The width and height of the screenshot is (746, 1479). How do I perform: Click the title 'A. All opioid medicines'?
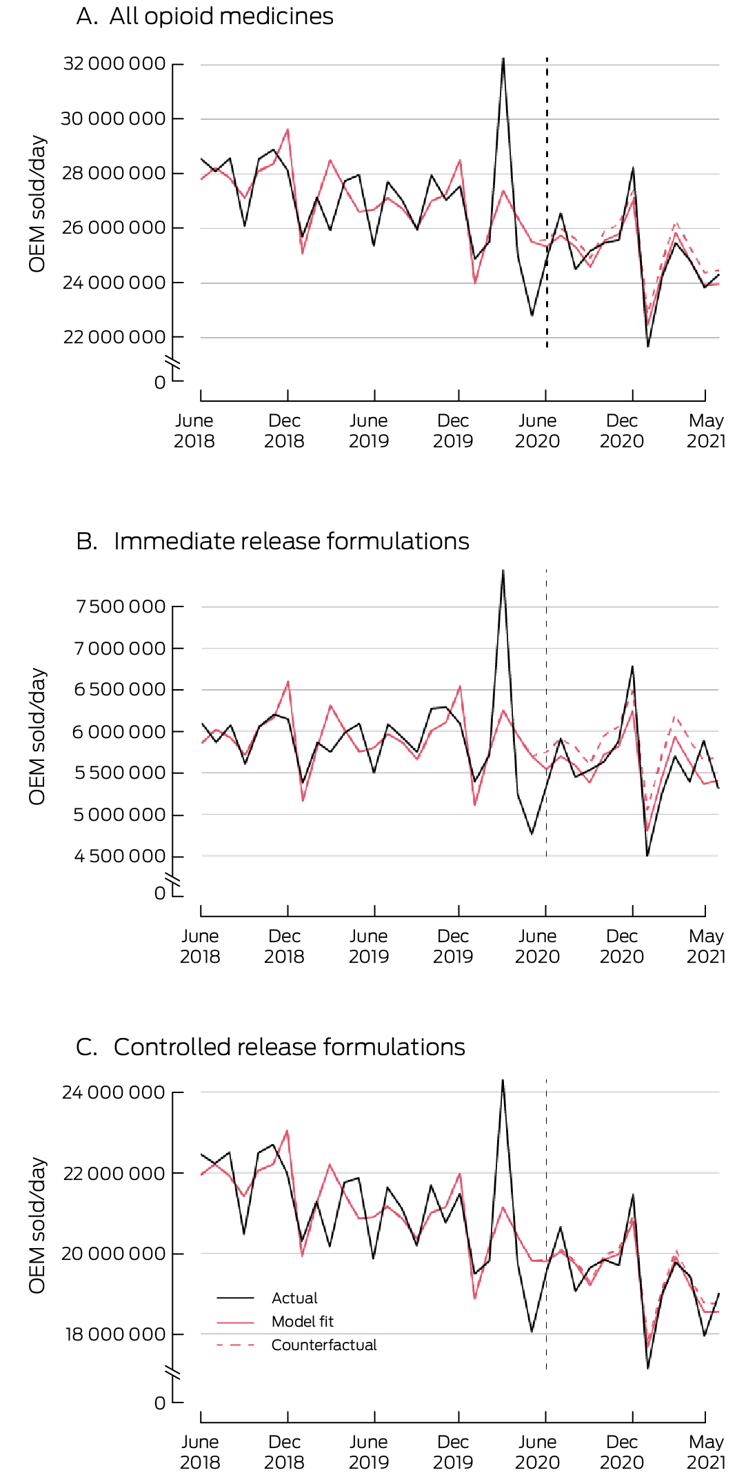tap(205, 16)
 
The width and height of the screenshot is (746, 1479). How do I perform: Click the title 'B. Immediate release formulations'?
tap(272, 541)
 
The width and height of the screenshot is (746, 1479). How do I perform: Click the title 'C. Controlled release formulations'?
tap(270, 1047)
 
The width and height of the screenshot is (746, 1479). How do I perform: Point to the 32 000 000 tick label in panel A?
tap(114, 64)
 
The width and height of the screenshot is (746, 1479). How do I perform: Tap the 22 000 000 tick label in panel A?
tap(114, 337)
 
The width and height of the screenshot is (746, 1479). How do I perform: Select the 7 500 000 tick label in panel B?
tap(121, 606)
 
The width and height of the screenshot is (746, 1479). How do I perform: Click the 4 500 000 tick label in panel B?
tap(120, 856)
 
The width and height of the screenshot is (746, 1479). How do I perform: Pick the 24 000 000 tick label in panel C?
tap(114, 1092)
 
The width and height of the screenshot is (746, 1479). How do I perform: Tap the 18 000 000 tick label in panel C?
tap(114, 1334)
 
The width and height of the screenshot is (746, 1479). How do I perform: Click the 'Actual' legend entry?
tap(294, 1298)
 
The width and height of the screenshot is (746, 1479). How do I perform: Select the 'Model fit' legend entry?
tap(302, 1322)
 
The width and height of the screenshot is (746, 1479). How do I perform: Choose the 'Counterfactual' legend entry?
tap(324, 1345)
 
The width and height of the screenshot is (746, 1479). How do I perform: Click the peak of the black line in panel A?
tap(503, 59)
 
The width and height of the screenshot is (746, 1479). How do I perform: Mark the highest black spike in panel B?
tap(503, 571)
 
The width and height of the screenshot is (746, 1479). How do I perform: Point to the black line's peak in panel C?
tap(503, 1080)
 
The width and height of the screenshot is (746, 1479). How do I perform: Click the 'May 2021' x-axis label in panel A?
tap(706, 431)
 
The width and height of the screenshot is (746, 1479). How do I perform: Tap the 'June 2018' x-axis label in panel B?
tap(200, 946)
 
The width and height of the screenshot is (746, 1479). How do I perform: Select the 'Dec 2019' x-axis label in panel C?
tap(453, 1452)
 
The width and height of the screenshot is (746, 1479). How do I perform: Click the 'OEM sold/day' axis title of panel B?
tap(37, 736)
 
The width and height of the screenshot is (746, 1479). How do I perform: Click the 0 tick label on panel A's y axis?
tap(160, 382)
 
